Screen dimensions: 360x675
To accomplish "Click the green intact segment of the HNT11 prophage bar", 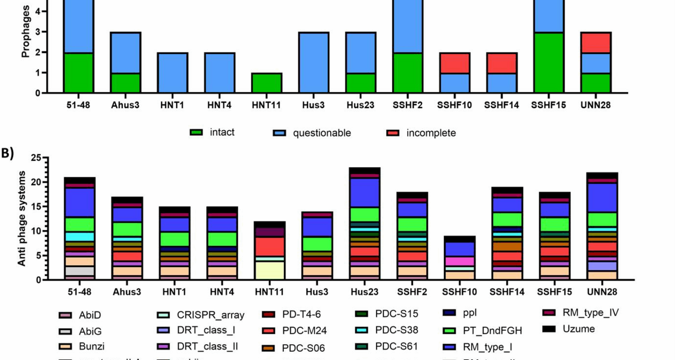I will [266, 83].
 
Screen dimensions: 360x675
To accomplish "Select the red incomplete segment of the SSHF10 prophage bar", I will [454, 63].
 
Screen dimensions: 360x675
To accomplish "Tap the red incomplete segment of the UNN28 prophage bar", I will [596, 43].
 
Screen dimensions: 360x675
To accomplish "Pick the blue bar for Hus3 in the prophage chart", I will [314, 63].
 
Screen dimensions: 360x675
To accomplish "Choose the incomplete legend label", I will [431, 133].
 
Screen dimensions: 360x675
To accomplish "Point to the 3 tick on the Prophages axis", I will [38, 32].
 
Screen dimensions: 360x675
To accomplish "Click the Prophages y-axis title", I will [25, 32].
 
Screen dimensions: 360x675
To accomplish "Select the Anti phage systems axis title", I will [22, 218].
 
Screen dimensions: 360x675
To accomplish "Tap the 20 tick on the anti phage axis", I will [36, 182].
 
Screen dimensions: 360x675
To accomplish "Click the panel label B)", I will [7, 153].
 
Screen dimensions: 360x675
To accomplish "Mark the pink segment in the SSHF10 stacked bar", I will [459, 261].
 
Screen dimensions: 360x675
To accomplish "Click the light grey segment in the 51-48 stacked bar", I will [79, 271].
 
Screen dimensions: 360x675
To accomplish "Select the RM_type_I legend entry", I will [487, 347].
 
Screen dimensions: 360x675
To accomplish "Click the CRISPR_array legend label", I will [210, 315].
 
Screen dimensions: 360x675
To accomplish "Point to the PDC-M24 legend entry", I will [304, 330].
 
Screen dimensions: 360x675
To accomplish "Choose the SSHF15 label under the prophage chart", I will [548, 105].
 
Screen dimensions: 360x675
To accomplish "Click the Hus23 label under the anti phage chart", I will [365, 292].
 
